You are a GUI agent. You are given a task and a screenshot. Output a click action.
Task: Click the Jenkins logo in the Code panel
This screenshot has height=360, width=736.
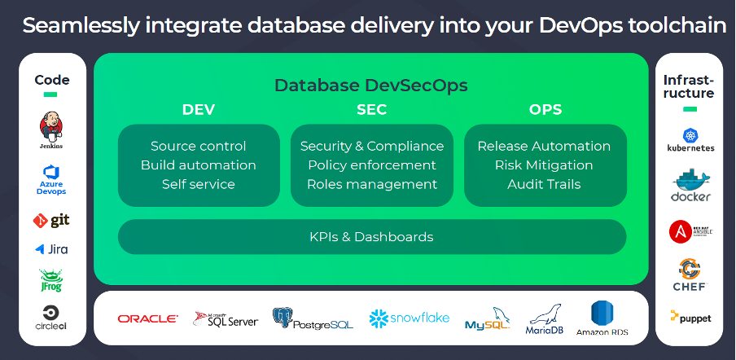[x=51, y=130]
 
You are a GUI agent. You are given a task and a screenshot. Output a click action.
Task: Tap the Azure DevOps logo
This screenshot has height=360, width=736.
[x=51, y=179]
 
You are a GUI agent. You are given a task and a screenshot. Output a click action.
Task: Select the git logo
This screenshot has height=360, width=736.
[x=51, y=220]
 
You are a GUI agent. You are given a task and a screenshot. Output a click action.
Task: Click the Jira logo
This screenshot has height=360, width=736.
[x=51, y=249]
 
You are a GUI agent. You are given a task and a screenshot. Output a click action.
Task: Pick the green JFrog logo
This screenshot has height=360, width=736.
[x=51, y=280]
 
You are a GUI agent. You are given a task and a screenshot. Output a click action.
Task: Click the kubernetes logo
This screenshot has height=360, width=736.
[x=690, y=140]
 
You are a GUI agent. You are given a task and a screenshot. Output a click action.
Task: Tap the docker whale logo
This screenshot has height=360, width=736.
[x=690, y=186]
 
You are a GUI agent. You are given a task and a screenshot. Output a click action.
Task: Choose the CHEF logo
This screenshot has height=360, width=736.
[x=690, y=274]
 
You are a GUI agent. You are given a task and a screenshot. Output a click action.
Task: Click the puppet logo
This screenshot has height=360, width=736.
[x=690, y=318]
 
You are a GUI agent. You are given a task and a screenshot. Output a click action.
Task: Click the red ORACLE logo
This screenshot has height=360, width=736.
[x=148, y=318]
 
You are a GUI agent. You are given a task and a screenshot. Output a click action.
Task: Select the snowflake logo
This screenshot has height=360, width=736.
[x=409, y=318]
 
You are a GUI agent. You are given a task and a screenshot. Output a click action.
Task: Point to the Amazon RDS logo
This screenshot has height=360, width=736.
[x=603, y=318]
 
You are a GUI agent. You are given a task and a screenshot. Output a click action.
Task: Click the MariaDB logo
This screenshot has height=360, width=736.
[x=545, y=318]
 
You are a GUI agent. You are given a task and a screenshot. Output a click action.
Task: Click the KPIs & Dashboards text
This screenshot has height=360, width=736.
[x=371, y=237]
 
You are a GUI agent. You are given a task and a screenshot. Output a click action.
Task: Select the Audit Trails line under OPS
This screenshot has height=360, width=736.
[x=544, y=184]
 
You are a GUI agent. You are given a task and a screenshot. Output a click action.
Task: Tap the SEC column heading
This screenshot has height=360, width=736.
[x=371, y=109]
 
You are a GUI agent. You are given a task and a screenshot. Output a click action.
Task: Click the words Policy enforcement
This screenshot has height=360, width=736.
[x=371, y=165]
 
